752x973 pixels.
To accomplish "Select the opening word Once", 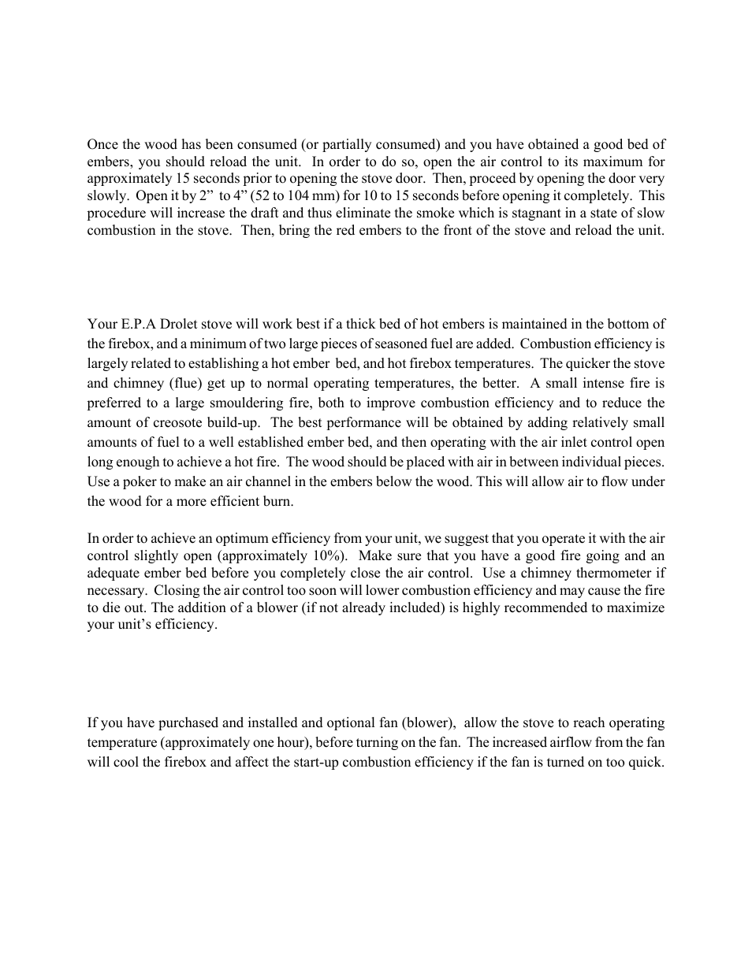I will [102, 144].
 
